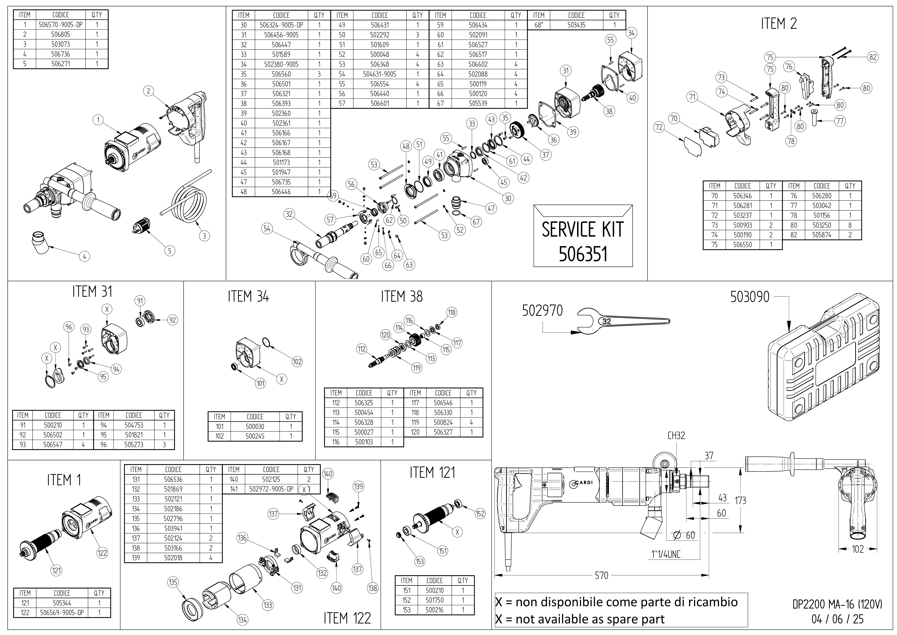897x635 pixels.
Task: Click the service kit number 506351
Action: (583, 254)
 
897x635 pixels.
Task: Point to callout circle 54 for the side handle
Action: (267, 229)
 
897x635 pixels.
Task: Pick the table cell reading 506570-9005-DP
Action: (61, 25)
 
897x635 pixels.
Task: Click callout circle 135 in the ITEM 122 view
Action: (173, 582)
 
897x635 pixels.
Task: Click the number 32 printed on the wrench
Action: (607, 321)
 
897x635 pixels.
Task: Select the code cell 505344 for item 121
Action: (62, 603)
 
